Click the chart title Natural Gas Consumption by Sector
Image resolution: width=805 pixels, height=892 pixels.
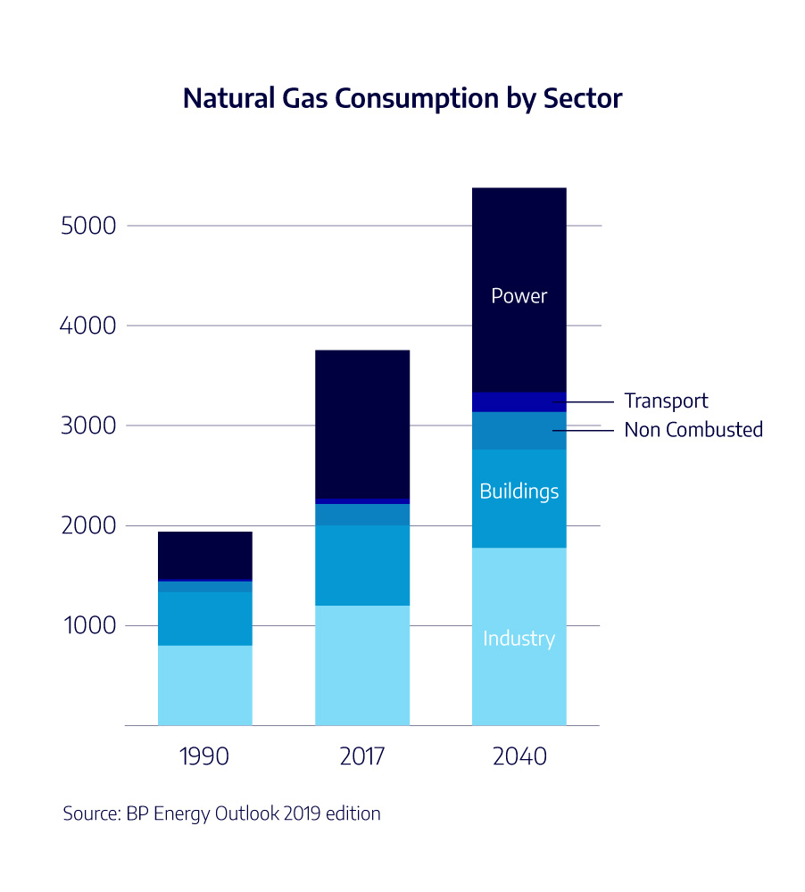click(402, 98)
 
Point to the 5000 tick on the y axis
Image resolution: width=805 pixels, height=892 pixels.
click(88, 226)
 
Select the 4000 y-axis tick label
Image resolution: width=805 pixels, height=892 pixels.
click(88, 326)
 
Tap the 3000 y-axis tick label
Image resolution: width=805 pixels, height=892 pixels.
click(88, 425)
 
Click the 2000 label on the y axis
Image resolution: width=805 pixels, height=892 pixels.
click(88, 525)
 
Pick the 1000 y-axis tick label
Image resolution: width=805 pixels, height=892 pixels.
click(88, 625)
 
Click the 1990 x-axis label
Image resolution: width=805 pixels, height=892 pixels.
click(204, 757)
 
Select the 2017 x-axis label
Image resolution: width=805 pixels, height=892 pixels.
click(361, 757)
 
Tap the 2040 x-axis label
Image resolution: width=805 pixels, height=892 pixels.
click(519, 757)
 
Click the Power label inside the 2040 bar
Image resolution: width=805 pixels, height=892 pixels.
click(519, 295)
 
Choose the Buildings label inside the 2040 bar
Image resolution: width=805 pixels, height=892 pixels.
click(519, 491)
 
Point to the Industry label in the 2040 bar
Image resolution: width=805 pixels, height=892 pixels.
click(519, 639)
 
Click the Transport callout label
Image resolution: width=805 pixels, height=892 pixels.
click(666, 401)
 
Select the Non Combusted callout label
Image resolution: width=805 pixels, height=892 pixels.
click(693, 430)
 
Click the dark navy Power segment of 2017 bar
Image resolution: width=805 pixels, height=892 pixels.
click(362, 424)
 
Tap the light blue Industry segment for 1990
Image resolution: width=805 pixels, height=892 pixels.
click(204, 685)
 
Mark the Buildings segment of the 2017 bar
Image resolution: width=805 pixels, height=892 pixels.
click(362, 566)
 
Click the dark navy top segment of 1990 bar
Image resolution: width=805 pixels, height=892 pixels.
click(204, 556)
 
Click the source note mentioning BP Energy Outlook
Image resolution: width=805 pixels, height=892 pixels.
click(221, 814)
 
